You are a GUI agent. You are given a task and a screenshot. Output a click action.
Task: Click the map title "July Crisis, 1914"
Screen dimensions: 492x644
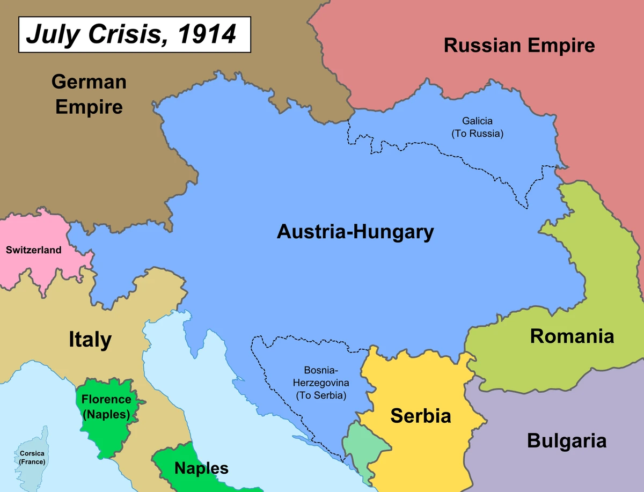[131, 34]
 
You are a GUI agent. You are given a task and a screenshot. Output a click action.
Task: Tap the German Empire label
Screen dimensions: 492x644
[89, 94]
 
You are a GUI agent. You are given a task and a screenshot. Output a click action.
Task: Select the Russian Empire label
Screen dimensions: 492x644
[519, 46]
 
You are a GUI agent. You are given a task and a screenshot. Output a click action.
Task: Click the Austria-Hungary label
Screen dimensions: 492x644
[355, 232]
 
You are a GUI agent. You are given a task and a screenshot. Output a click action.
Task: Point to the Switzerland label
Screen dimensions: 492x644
[33, 250]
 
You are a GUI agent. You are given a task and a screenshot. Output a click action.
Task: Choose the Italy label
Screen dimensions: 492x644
[90, 340]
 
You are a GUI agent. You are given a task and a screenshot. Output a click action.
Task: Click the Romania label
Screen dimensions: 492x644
[572, 336]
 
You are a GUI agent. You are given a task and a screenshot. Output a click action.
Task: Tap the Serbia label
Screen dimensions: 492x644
[420, 415]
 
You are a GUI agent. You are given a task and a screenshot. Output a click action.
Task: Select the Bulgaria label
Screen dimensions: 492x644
[566, 441]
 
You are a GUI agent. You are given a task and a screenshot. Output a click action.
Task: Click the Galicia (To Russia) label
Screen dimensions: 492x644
[477, 127]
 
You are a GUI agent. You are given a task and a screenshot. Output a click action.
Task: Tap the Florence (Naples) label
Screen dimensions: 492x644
[106, 407]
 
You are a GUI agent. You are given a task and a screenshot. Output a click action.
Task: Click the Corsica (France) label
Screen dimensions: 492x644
[32, 457]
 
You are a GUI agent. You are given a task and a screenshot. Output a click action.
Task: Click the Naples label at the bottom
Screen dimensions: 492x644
[201, 468]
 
